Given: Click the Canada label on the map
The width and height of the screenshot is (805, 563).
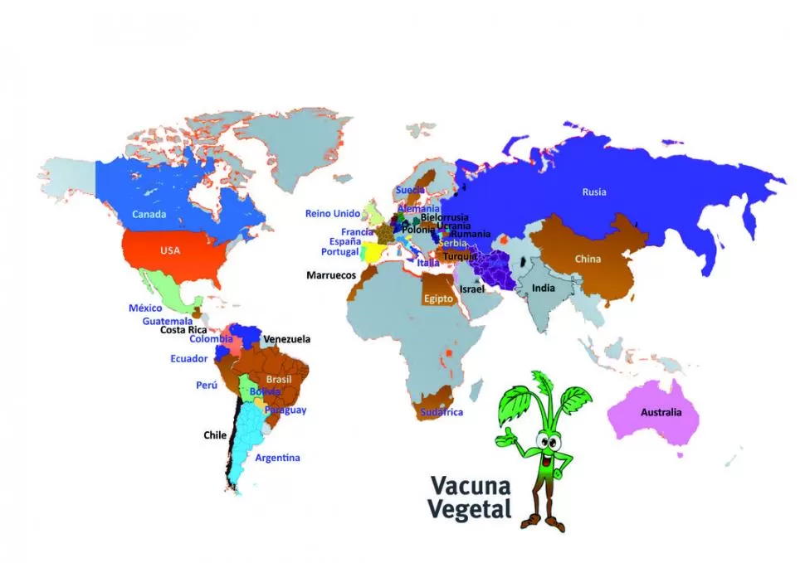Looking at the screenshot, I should click(149, 214).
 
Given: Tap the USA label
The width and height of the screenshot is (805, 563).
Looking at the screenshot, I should click(170, 250).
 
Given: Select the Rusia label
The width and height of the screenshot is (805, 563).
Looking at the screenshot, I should click(594, 192).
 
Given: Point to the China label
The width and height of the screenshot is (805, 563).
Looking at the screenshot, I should click(588, 259).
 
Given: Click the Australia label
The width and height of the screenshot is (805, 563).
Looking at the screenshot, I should click(661, 412).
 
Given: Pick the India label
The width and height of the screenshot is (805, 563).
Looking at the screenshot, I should click(544, 289).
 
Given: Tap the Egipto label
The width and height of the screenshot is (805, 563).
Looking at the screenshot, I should click(438, 298).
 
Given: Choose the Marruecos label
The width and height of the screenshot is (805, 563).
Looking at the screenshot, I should click(331, 274).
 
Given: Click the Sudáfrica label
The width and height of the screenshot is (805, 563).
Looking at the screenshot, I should click(442, 412).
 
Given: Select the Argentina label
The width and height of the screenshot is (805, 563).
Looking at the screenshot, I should click(277, 458).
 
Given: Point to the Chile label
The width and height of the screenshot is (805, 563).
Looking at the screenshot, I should click(215, 434).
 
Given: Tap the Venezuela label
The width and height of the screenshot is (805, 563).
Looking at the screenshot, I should click(286, 339).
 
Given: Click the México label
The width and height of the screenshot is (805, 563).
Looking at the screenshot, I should click(145, 308).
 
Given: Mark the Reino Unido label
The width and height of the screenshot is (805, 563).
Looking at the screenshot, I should click(333, 214).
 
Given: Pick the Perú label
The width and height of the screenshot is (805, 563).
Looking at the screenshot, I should click(207, 386).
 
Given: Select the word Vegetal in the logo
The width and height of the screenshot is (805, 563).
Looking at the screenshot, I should click(470, 508).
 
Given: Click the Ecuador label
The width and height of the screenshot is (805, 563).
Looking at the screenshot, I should click(189, 359).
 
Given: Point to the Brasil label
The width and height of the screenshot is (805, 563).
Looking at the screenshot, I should click(279, 379).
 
